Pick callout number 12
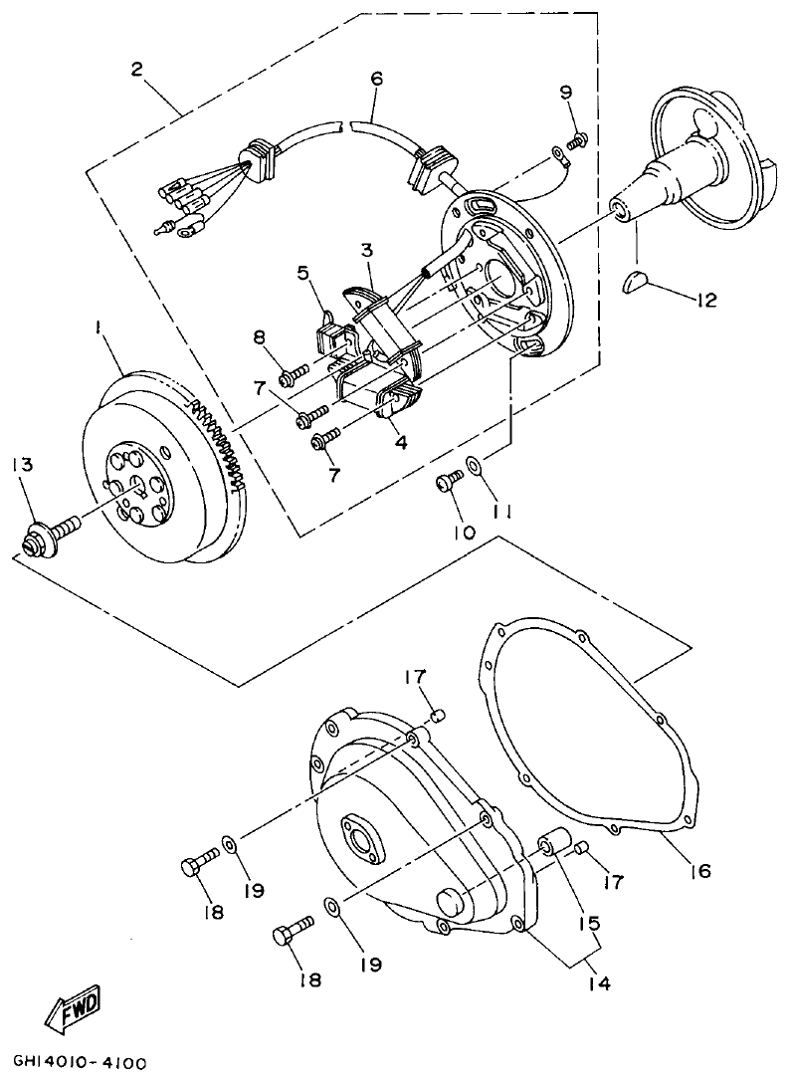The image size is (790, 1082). click(707, 300)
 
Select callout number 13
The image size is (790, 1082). click(22, 465)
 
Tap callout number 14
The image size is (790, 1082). click(598, 983)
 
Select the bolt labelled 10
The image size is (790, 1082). click(448, 482)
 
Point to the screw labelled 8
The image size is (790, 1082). click(292, 377)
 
